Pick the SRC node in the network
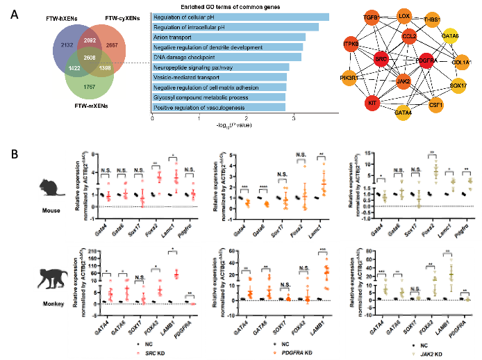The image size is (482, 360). click(x=381, y=60)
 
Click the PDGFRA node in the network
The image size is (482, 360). click(x=427, y=60)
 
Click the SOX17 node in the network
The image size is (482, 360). click(x=458, y=85)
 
